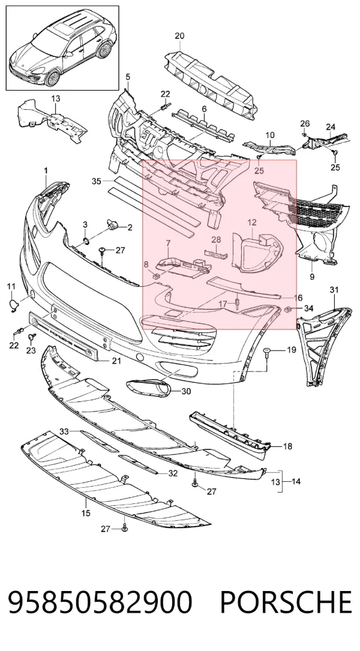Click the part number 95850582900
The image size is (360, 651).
point(100,602)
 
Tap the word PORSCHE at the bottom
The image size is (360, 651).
point(286,602)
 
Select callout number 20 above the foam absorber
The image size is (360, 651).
point(179,36)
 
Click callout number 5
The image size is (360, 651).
point(127,77)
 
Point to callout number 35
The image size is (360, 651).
point(97,181)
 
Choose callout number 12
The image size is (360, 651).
point(253,223)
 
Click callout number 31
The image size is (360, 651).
point(334,289)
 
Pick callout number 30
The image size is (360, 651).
point(187,391)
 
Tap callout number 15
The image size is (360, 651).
point(86,513)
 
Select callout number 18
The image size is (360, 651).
point(287,446)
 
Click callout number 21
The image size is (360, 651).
point(116,361)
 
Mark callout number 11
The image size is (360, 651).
point(11,286)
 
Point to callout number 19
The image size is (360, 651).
point(292,350)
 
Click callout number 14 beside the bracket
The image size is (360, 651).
point(296,482)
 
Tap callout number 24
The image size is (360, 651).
point(331,127)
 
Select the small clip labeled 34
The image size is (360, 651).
point(287,309)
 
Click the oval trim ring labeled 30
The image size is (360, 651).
point(148,388)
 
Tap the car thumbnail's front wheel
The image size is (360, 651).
point(53,78)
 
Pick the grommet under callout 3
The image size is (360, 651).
point(85,241)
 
